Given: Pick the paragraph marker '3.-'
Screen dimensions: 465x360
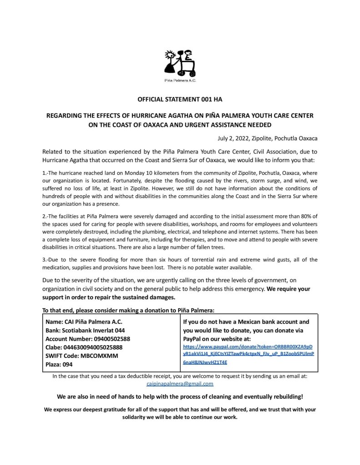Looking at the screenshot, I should (x=45, y=260).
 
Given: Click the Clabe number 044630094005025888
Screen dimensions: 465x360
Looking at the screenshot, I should (x=93, y=347).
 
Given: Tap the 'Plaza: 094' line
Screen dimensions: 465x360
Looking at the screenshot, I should (x=59, y=365).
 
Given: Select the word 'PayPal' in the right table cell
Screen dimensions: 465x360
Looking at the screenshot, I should (x=193, y=339).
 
